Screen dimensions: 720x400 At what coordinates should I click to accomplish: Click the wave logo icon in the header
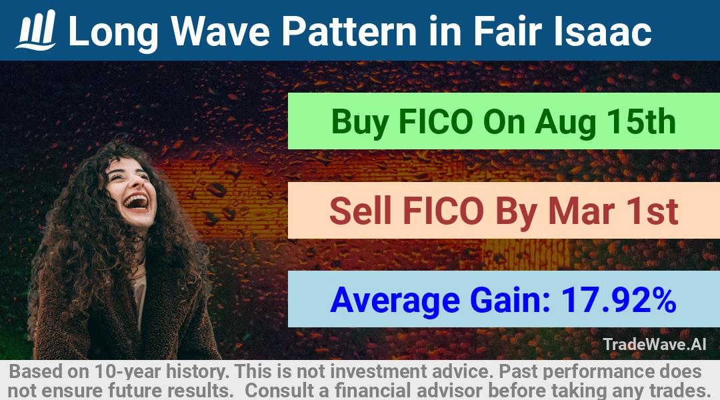[x=36, y=30]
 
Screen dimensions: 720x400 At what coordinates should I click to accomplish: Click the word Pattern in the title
[x=349, y=31]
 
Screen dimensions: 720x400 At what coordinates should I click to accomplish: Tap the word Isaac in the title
[x=602, y=31]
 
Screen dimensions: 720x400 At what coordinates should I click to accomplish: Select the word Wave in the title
[x=220, y=31]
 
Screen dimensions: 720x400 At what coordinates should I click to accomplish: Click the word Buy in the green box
[x=360, y=122]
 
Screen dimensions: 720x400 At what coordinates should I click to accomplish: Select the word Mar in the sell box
[x=581, y=211]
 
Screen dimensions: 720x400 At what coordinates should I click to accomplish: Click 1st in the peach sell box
[x=651, y=211]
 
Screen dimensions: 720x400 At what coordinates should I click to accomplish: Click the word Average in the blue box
[x=395, y=301]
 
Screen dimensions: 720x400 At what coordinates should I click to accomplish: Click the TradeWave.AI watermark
[x=655, y=344]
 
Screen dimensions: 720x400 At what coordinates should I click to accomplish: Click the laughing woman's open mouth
[x=136, y=201]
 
